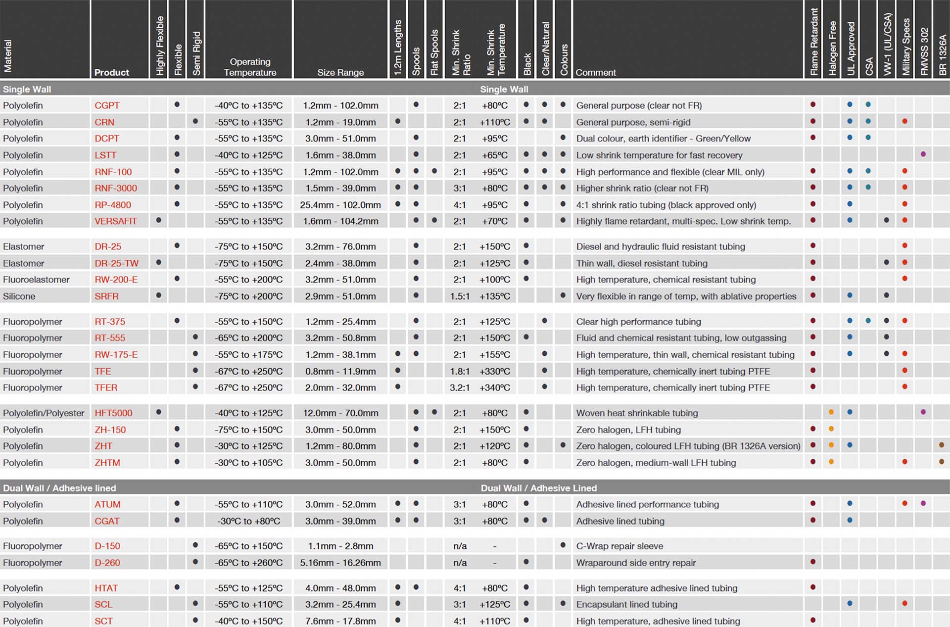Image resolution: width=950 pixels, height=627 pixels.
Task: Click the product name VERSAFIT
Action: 115,221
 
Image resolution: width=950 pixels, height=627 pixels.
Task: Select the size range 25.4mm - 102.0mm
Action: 340,205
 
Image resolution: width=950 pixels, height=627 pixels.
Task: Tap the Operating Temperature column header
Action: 250,67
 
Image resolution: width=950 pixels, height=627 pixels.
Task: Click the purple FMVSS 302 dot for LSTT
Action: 923,154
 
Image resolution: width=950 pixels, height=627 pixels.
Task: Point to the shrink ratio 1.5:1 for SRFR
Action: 460,296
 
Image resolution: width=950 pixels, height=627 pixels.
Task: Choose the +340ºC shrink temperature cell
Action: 495,387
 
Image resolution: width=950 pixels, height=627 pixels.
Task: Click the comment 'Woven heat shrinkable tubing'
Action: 637,413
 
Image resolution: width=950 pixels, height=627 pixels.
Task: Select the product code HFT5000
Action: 113,413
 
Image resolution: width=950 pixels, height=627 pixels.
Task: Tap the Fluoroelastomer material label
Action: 36,280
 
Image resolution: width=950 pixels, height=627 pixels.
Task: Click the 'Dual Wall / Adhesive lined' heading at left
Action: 59,488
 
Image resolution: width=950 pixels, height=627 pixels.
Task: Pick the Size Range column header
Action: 340,73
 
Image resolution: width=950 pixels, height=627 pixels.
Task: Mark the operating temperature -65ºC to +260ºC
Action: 248,563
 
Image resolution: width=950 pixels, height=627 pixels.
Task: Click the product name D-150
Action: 107,546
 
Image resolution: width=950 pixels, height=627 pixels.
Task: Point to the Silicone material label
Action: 19,296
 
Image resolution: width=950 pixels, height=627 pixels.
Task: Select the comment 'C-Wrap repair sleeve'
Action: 619,546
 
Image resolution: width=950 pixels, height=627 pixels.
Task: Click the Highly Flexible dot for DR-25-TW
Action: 158,262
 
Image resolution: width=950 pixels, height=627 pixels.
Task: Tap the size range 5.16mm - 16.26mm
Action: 340,563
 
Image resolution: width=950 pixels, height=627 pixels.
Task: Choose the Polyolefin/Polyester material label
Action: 44,413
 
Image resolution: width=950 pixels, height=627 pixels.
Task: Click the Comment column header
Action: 595,73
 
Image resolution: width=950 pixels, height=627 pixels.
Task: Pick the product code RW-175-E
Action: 116,355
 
